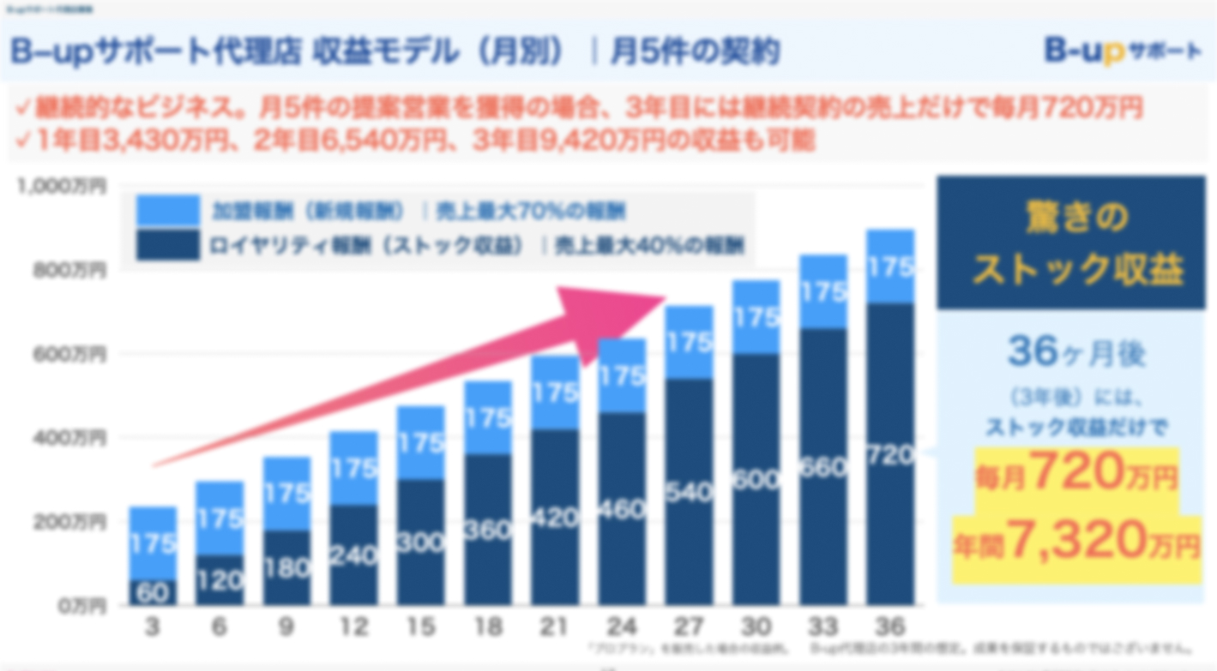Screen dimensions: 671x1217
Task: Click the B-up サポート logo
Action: tap(1121, 51)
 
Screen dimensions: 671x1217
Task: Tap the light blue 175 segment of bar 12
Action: tap(353, 468)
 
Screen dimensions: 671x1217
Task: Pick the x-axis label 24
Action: tap(621, 628)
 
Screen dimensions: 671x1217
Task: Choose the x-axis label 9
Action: tap(286, 628)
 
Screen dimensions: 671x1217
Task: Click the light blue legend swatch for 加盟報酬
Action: tap(167, 210)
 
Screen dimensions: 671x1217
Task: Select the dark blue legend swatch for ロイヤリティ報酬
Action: tap(167, 246)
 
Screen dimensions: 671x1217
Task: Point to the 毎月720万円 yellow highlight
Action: tap(1076, 471)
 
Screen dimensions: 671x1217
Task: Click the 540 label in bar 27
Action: tap(689, 492)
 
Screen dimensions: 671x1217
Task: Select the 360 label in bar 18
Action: tap(487, 530)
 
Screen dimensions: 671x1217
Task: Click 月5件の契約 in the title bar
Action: tap(695, 52)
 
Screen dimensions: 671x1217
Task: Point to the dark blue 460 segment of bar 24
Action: tap(621, 510)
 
